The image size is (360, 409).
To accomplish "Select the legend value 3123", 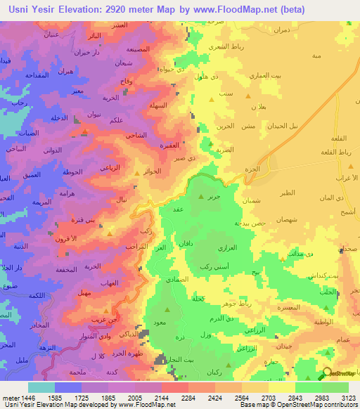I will click(x=348, y=396).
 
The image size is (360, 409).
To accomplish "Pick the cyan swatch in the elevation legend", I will click(x=41, y=387).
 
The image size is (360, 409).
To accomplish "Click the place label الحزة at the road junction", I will click(x=261, y=169).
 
